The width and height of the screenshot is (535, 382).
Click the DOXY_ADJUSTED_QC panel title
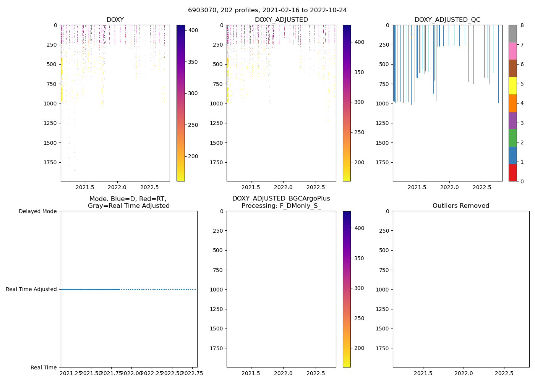coord(447,20)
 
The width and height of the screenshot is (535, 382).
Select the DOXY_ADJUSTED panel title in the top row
coord(281,20)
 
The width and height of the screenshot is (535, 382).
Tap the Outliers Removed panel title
coord(461,206)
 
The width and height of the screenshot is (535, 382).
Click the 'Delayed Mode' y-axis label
coord(37,211)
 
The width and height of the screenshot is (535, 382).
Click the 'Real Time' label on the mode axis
coord(44,367)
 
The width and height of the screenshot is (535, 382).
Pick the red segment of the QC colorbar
coord(512,172)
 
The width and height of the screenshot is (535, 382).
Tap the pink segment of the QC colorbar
coord(512,51)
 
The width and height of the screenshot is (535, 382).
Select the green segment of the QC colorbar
coord(512,138)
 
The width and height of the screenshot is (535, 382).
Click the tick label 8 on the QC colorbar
coord(522,26)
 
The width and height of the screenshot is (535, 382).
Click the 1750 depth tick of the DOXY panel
coord(51,162)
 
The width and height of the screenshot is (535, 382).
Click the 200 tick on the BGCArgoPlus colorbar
coord(359,348)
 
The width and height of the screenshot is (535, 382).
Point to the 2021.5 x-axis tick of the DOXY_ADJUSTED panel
coord(251,187)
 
